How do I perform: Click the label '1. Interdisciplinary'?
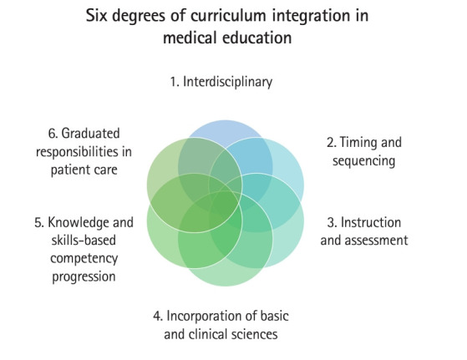point(221,82)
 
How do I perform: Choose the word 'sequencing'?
point(363,161)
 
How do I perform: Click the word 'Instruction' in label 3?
point(371,222)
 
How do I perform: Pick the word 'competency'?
point(84,258)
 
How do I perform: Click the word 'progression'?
point(84,276)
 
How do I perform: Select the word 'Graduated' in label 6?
point(90,134)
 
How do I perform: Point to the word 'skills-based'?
point(84,241)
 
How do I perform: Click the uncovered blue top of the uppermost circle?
point(225,129)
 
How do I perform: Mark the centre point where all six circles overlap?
point(226,203)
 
